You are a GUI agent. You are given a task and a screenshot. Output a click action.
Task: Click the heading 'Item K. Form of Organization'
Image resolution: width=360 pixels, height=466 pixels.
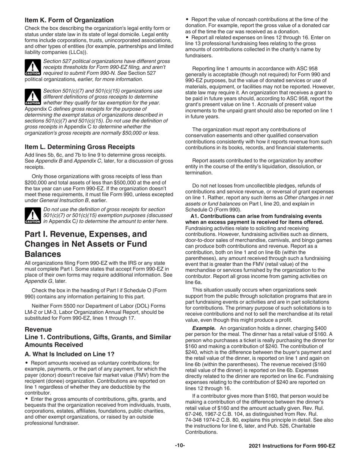coord(69,20)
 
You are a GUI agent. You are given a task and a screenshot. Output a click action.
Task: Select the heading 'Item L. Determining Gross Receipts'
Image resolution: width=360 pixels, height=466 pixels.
coord(80,147)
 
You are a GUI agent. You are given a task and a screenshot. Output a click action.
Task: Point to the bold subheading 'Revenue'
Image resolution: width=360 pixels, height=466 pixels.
coord(37,330)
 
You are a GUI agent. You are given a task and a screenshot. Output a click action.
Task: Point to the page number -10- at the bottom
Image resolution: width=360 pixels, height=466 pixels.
coord(180,446)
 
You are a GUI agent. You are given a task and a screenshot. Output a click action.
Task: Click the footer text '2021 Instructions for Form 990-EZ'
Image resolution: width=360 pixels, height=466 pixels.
coord(292,446)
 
